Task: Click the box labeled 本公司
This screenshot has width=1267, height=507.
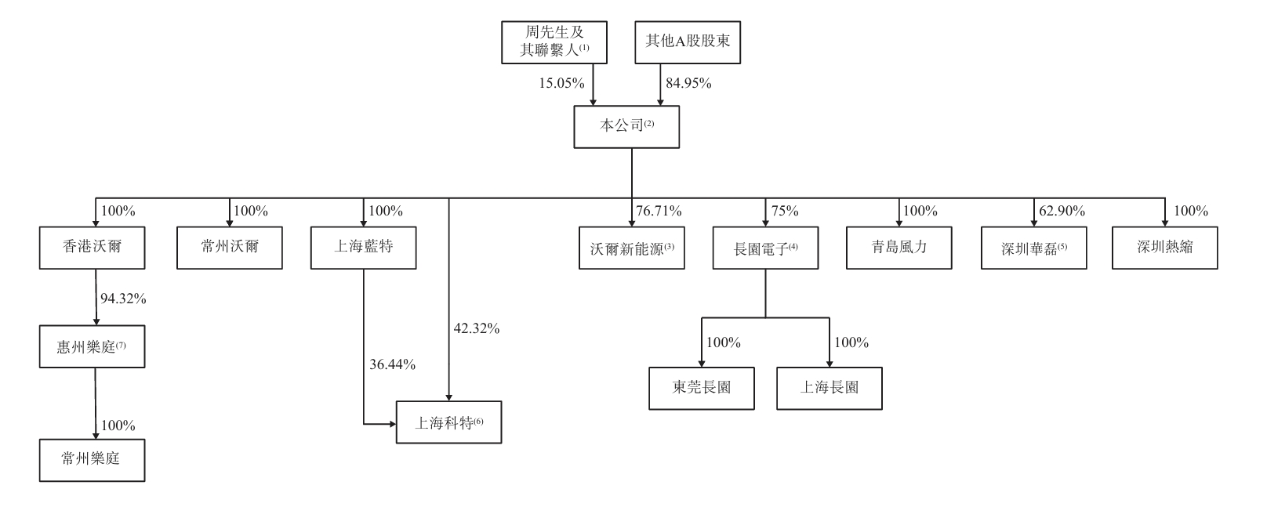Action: tap(626, 127)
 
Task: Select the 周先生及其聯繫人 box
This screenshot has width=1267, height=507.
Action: tap(554, 42)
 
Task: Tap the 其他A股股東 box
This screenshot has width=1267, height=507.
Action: tap(687, 42)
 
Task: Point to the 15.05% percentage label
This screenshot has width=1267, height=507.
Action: tap(561, 84)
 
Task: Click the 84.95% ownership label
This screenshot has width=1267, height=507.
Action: tap(688, 84)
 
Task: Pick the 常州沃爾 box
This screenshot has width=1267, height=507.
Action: tap(229, 248)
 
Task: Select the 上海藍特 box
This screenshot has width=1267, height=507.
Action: tap(363, 248)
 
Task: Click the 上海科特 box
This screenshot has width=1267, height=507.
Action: tap(448, 423)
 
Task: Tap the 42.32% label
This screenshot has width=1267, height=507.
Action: tap(476, 329)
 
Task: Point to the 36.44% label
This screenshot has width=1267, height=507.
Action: tap(392, 364)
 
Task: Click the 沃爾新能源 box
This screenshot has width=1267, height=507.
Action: tap(632, 248)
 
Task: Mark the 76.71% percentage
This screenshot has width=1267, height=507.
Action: tap(659, 212)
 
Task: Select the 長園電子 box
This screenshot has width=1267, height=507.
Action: tap(765, 248)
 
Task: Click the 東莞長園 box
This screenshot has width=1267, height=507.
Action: tap(702, 388)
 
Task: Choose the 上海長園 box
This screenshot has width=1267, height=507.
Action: tap(829, 388)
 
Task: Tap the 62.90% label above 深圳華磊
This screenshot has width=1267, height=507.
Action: tap(1062, 212)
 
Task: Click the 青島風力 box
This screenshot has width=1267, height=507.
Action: tap(899, 248)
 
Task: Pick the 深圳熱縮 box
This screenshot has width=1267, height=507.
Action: tap(1164, 248)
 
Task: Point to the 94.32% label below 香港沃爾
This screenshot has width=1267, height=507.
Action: tap(123, 299)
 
